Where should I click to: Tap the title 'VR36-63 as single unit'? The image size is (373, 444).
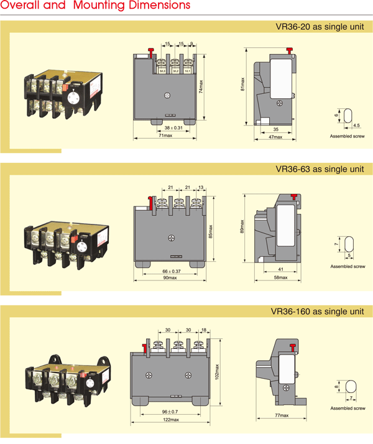point(320,169)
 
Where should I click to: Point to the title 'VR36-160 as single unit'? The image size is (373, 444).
point(317,311)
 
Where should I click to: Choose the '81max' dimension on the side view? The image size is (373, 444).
point(242,83)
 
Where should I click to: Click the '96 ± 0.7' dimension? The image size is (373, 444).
point(169,412)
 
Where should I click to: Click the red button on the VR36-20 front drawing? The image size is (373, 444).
point(150,51)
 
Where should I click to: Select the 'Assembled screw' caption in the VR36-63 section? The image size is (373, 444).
point(348,266)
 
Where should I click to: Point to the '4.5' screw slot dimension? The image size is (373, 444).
point(356,125)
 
